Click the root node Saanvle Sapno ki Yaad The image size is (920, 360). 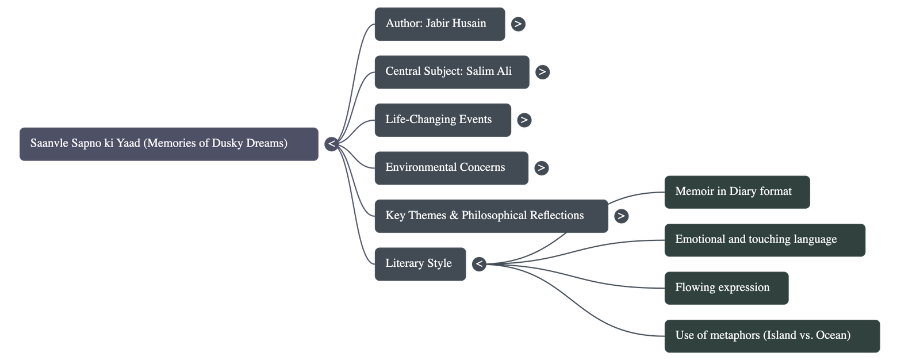168,144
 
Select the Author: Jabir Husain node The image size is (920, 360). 439,24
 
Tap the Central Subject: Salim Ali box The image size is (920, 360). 451,72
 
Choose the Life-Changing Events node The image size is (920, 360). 442,120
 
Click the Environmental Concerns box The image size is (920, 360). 450,168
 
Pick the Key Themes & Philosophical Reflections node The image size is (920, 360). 490,216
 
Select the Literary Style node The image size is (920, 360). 420,264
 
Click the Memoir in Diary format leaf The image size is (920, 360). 737,192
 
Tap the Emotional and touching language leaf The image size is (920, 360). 764,240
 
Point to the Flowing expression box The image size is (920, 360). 726,288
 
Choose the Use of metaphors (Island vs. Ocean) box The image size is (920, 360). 772,336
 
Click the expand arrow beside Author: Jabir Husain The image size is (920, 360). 518,24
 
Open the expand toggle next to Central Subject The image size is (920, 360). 542,72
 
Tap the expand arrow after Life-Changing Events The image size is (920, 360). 524,120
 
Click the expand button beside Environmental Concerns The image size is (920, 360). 541,168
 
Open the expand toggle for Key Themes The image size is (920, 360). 621,216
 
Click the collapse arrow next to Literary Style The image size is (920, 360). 479,264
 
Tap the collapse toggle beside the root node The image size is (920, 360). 331,144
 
